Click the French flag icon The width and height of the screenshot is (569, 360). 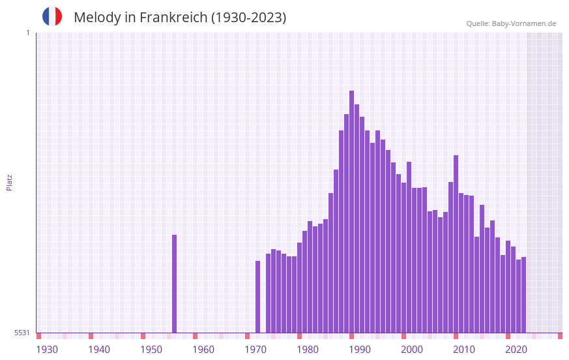(x=52, y=16)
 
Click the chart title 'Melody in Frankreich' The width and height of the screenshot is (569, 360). (x=180, y=18)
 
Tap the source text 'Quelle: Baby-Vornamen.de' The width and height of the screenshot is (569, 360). (x=511, y=23)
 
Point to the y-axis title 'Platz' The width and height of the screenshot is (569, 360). (x=9, y=182)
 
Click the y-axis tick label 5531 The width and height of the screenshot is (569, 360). (x=22, y=333)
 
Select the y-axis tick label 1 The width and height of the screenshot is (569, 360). (x=27, y=33)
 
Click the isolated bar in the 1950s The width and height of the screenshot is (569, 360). (x=175, y=284)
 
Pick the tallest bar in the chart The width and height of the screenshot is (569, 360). (x=351, y=212)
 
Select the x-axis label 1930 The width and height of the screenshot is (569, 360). (x=47, y=350)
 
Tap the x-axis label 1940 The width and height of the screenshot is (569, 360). (x=99, y=350)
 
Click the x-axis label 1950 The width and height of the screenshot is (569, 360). (x=151, y=350)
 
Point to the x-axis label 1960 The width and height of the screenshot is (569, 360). (x=203, y=350)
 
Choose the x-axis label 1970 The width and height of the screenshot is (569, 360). (x=255, y=350)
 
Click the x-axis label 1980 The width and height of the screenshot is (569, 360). (x=308, y=350)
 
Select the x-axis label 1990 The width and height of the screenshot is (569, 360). (x=360, y=350)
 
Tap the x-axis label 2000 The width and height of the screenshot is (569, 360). (x=412, y=350)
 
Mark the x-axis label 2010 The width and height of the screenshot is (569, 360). (x=464, y=350)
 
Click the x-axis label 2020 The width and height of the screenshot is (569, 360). (x=516, y=350)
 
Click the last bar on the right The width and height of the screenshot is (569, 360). (x=523, y=295)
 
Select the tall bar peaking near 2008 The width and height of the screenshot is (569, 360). (x=456, y=244)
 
